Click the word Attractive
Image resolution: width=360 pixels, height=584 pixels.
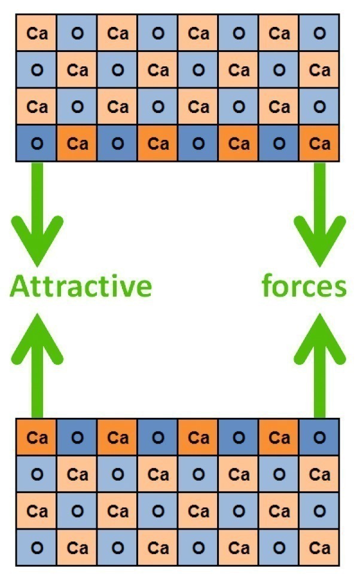tap(81, 286)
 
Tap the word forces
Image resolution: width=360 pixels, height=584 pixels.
tap(304, 286)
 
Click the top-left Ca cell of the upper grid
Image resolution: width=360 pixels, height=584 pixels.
tap(37, 33)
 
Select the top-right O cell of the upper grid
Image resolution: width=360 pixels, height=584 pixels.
tap(319, 33)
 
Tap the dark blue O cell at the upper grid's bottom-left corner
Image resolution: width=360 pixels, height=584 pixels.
tap(37, 143)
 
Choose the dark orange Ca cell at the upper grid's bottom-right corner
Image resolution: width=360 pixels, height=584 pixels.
tap(319, 143)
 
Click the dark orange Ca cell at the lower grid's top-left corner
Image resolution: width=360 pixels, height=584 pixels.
tap(37, 438)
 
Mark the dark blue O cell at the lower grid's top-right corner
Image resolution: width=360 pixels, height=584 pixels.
tap(319, 438)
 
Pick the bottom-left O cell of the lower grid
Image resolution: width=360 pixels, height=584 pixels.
tap(37, 548)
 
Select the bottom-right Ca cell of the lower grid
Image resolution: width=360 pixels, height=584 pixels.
tap(319, 548)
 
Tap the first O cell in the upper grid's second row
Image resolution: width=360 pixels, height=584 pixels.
tap(37, 70)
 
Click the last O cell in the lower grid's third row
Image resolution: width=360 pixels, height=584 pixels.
tap(319, 511)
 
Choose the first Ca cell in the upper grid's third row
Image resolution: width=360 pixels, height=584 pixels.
tap(37, 107)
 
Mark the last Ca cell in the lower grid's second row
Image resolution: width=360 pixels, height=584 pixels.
tap(319, 475)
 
